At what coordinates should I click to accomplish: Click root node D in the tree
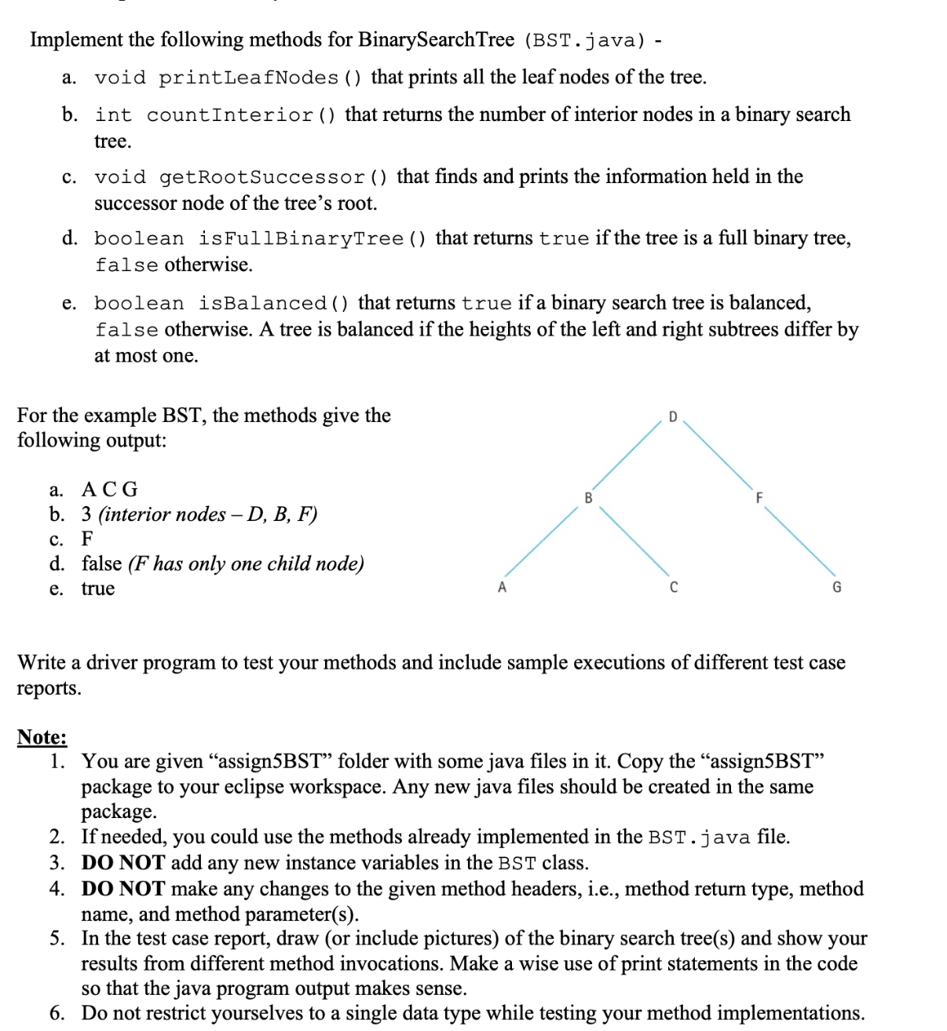click(672, 416)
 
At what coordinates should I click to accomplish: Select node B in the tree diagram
click(588, 497)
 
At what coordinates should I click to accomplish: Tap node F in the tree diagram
click(759, 497)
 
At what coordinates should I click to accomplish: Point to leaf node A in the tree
click(503, 587)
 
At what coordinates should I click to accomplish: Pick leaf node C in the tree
click(673, 587)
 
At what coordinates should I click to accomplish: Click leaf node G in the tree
click(836, 587)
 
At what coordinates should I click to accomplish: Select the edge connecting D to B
click(627, 456)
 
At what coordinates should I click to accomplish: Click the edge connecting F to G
click(799, 542)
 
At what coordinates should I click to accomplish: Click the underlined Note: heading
click(42, 737)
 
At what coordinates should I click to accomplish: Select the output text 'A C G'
click(110, 490)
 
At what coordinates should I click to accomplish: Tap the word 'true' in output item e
click(98, 589)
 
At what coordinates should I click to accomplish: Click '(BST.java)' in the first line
click(585, 40)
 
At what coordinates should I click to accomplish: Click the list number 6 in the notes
click(57, 1013)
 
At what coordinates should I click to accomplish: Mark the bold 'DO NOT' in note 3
click(123, 863)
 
